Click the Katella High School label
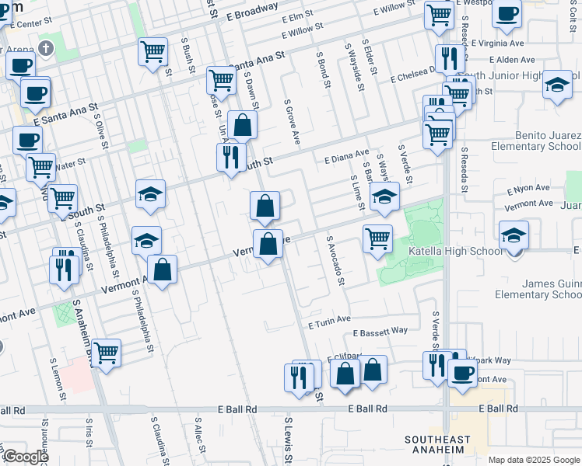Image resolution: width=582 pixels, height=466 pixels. (465, 251)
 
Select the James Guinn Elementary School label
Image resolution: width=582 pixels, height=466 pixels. (538, 289)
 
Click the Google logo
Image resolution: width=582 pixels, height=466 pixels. (25, 457)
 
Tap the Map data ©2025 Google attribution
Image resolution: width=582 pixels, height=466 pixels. (533, 460)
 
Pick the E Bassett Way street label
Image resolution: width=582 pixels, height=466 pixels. (380, 332)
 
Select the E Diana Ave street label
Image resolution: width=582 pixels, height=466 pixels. (346, 158)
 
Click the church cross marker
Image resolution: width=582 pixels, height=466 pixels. (47, 49)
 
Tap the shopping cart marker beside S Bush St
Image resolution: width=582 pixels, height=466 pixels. (153, 52)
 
